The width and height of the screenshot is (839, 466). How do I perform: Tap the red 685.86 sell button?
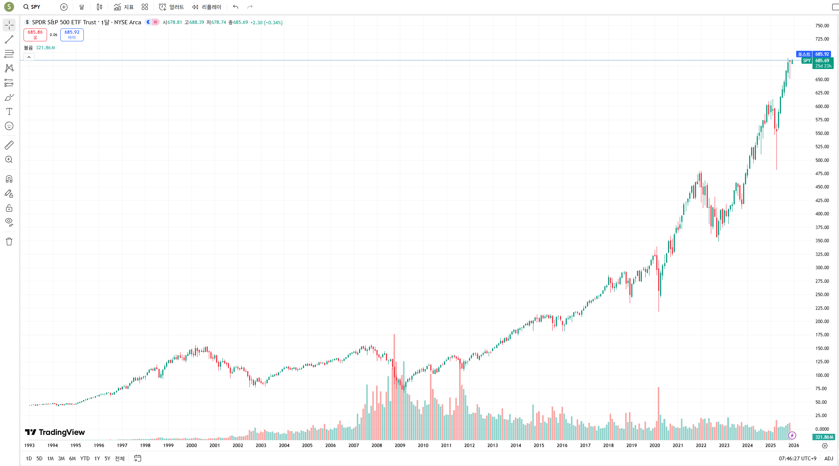coord(35,35)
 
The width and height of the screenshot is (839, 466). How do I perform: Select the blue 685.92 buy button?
coord(72,35)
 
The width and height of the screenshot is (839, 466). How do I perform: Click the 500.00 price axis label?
coord(822,160)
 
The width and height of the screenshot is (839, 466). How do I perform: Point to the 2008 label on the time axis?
coord(377,445)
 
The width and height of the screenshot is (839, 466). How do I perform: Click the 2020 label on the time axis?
coord(655,445)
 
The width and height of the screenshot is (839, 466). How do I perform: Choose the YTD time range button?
coord(85,458)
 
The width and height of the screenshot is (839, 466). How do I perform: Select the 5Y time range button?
coord(107,458)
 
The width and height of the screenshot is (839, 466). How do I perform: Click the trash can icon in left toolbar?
coord(9,242)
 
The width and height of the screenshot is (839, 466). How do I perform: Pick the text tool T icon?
coord(9,111)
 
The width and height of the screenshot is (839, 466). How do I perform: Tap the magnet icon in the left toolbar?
coord(9,179)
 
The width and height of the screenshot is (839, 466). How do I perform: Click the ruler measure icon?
coord(9,145)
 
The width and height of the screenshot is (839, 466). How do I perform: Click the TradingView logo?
coord(55,432)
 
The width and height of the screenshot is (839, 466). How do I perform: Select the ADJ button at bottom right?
coord(829,458)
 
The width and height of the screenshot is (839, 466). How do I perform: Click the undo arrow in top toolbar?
coord(235,7)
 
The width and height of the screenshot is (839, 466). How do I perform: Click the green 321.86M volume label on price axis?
coord(824,437)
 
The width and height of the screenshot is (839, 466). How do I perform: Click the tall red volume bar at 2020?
coord(659,413)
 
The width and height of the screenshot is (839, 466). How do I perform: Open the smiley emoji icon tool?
coord(9,126)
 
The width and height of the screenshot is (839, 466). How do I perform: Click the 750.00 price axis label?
coord(822,26)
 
